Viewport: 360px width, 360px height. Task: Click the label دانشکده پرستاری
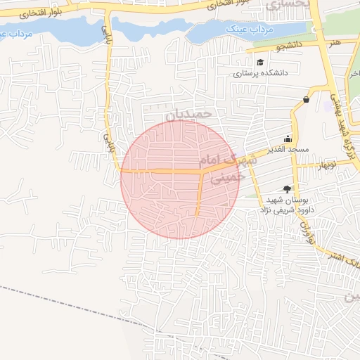[262, 73]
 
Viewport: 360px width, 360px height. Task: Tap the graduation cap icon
[260, 63]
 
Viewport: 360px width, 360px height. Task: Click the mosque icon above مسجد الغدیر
[287, 139]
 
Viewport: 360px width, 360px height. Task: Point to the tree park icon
[286, 188]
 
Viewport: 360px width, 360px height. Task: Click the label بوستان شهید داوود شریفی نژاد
[290, 204]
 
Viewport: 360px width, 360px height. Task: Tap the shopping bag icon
[307, 100]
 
